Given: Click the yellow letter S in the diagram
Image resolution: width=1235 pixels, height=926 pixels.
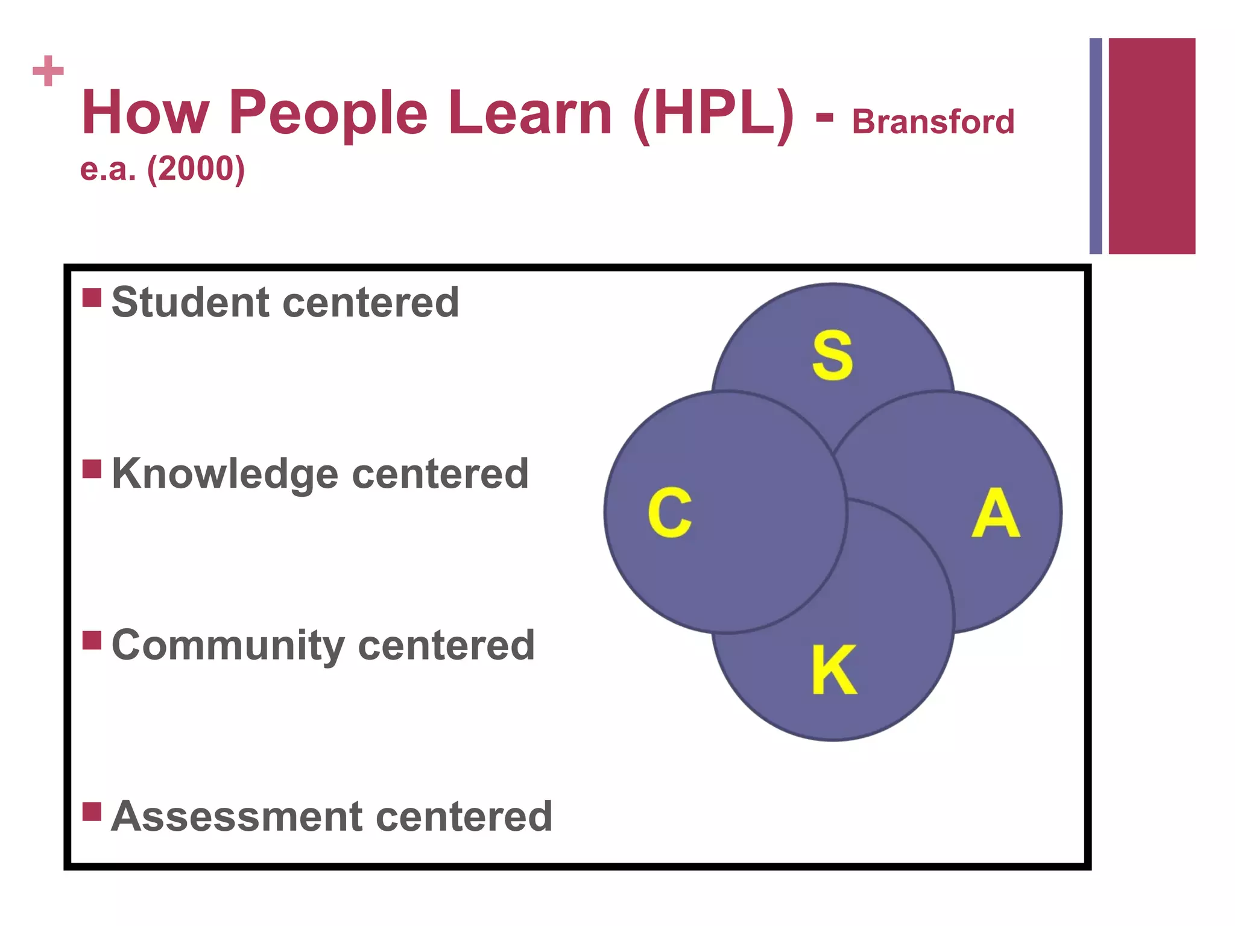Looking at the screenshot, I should pos(832,355).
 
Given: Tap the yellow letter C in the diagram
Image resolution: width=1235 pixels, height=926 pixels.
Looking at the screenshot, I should pos(669,512).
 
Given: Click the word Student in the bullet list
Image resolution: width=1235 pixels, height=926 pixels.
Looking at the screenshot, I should pos(190,302).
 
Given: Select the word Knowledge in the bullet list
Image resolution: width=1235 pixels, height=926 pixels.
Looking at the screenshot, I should pos(224,474).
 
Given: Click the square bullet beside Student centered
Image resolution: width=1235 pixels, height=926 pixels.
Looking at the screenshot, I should pos(92,297).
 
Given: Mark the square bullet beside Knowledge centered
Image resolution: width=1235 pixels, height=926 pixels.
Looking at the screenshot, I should pos(92,468).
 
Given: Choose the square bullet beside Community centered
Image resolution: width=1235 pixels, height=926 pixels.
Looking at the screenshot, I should pos(92,640).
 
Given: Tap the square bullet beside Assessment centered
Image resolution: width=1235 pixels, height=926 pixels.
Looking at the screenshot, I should pos(92,811).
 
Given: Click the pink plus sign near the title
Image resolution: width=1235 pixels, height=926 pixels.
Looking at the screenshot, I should pos(48,71).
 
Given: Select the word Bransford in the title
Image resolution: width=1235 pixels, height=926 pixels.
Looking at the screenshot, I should pos(933,122).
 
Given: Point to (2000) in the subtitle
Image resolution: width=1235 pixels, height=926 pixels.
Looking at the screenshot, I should pos(196,169).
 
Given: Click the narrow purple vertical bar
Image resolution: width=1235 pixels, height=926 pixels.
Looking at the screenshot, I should pos(1095,146).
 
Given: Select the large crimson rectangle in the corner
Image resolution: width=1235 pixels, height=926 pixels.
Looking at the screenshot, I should pos(1152,146).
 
